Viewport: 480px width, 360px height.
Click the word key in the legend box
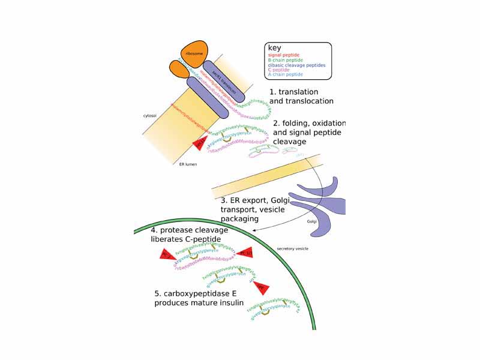(275, 48)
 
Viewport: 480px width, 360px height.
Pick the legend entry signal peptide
(284, 55)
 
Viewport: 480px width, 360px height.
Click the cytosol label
(150, 116)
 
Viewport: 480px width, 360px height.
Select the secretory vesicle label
(293, 248)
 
